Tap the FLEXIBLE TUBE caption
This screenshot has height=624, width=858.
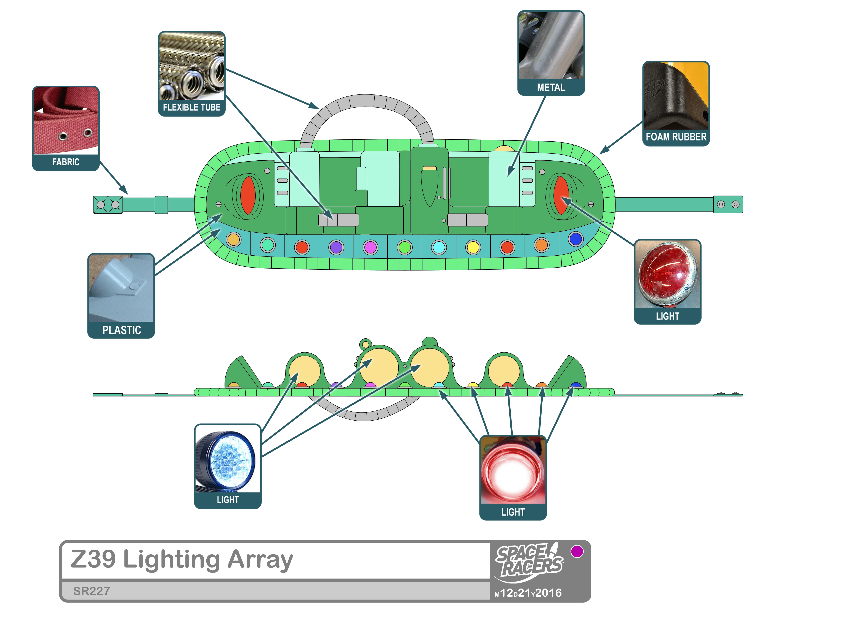[x=191, y=107]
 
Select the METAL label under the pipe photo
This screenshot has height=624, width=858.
[x=551, y=88]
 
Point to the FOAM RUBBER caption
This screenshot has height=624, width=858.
[x=676, y=137]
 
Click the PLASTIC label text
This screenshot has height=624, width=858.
[x=121, y=330]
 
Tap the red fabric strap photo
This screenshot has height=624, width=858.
[x=66, y=121]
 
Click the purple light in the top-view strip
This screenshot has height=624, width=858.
[x=336, y=248]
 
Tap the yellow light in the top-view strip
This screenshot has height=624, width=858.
[x=473, y=248]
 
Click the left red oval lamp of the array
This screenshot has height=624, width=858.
[x=248, y=195]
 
